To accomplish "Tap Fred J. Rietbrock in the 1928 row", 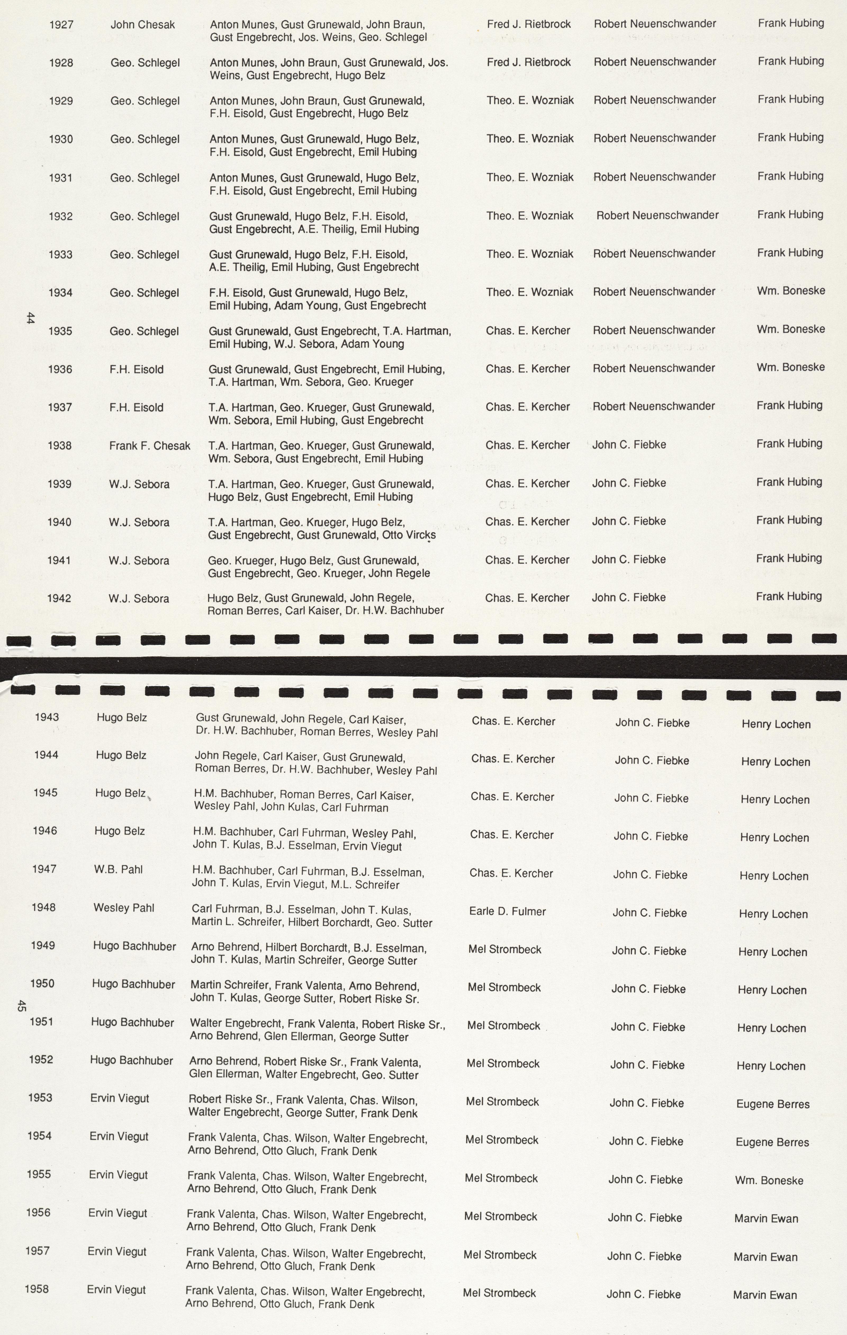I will (x=529, y=62).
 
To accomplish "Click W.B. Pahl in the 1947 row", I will (x=118, y=869).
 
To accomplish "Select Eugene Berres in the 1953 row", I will (x=773, y=1104).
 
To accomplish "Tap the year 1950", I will (x=42, y=983).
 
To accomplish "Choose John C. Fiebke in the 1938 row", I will (x=629, y=445).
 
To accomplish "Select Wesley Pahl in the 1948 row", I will (x=124, y=908).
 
